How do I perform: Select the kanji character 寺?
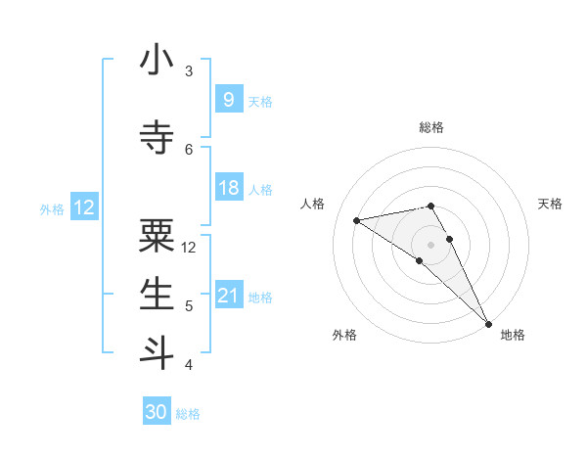[x=157, y=137]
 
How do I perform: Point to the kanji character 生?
[x=157, y=294]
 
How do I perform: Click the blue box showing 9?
[x=228, y=99]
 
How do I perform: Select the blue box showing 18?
[x=228, y=187]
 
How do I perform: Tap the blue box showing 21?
[x=228, y=295]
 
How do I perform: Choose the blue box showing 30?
[x=157, y=412]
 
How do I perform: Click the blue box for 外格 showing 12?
[x=84, y=207]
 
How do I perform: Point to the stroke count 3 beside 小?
[x=189, y=71]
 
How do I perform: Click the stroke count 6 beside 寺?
[x=189, y=149]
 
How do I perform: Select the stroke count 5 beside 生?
[x=189, y=306]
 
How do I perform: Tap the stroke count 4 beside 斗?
[x=189, y=365]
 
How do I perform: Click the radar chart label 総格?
[x=430, y=127]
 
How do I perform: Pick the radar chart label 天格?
[x=550, y=204]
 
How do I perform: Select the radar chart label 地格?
[x=513, y=335]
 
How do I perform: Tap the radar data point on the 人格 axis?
[x=357, y=220]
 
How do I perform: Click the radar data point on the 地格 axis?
[x=488, y=324]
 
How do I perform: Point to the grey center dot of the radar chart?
[x=430, y=244]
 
